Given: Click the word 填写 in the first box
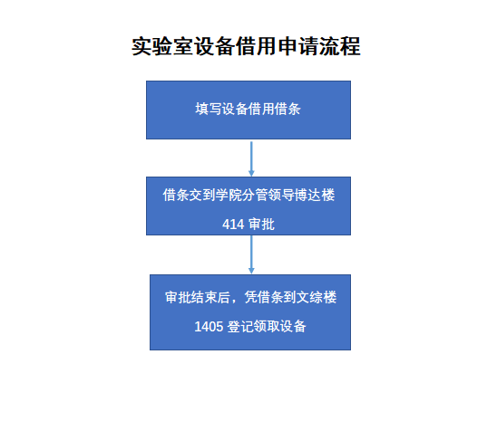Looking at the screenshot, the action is [x=209, y=109].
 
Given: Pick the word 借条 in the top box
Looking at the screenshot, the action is [x=287, y=109].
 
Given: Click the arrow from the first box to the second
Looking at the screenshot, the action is [x=251, y=158].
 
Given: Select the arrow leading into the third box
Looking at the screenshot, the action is [x=251, y=254].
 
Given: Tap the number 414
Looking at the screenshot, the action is [x=233, y=225].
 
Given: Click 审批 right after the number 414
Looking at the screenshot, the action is [x=261, y=225].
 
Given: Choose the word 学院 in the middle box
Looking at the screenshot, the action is [x=229, y=195].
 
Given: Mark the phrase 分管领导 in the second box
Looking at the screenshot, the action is [x=268, y=195].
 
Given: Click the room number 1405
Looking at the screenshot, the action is [x=209, y=327].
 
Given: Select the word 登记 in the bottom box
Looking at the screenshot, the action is [x=240, y=327].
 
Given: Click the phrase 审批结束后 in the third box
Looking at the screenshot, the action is [x=198, y=298].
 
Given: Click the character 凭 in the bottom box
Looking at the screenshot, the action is [x=250, y=298].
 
